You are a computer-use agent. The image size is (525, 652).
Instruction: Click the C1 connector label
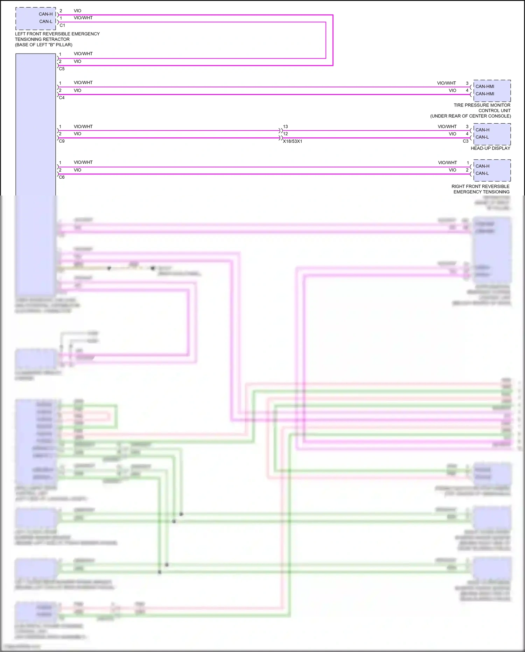(62, 25)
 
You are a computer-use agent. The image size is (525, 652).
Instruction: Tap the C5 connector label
(62, 69)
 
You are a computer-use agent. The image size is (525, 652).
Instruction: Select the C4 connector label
(62, 98)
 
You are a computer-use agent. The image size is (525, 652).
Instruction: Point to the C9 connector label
(62, 141)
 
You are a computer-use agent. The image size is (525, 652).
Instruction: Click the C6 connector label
(62, 177)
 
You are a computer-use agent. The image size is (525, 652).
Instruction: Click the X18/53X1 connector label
(293, 141)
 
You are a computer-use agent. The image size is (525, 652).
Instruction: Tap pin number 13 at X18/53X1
(286, 126)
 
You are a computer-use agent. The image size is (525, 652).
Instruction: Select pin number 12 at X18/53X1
(286, 134)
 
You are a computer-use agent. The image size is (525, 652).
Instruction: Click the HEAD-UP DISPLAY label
(490, 148)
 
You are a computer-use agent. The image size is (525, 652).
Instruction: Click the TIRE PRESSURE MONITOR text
(482, 105)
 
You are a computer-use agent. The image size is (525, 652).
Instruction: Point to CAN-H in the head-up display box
(482, 130)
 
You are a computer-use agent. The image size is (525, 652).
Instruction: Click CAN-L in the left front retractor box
(46, 21)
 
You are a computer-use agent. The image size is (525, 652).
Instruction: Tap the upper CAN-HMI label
(485, 87)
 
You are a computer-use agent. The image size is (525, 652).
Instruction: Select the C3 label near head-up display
(465, 141)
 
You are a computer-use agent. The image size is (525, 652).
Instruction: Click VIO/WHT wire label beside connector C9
(83, 126)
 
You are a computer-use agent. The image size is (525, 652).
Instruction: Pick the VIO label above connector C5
(77, 61)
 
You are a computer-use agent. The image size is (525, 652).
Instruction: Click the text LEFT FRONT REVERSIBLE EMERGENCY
(57, 34)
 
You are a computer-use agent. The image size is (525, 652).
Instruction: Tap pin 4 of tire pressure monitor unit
(467, 90)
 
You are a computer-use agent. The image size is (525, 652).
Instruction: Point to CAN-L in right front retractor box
(482, 173)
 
